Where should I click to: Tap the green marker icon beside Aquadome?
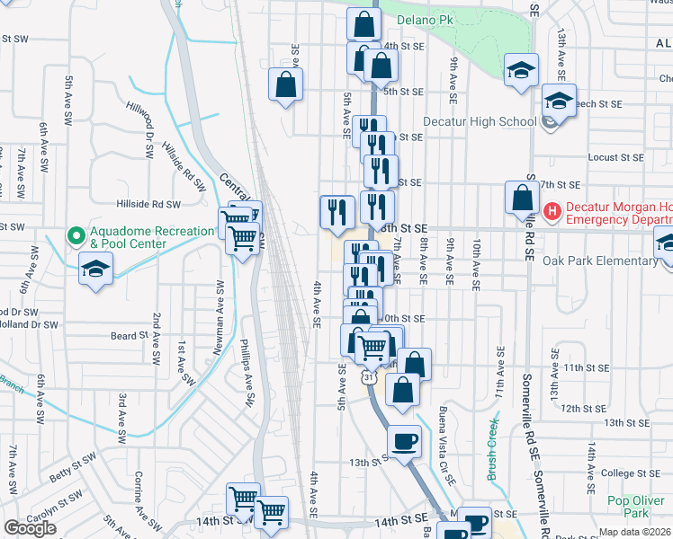76,237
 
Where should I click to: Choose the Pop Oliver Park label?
628,507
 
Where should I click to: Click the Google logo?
30,528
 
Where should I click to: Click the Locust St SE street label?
616,157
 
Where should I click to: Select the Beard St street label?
129,336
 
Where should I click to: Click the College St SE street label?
630,473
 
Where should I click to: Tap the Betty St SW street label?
73,467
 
